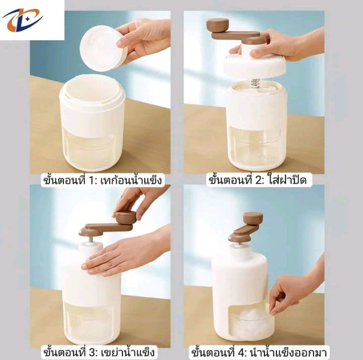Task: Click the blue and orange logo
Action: coord(23,20)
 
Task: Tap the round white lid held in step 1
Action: coord(103,48)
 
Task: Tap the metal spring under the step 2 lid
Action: coord(255,84)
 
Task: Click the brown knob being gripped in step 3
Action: coord(126,218)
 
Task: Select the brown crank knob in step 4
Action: coord(253,219)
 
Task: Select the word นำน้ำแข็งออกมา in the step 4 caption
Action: coord(288,353)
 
